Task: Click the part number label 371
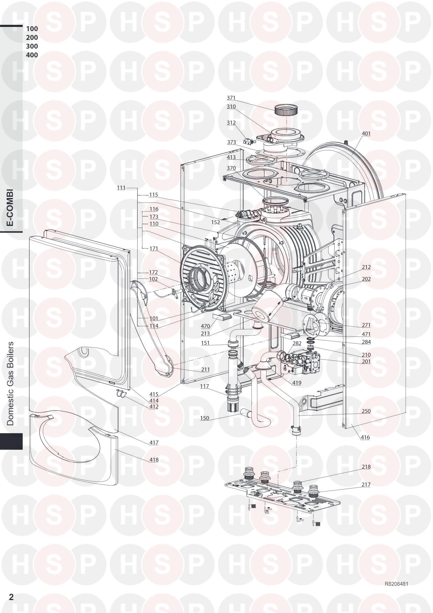(x=231, y=98)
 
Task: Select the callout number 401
(x=366, y=134)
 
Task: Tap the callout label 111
(x=121, y=188)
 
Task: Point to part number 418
(x=154, y=460)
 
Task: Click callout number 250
(x=366, y=411)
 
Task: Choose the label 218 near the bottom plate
(x=366, y=467)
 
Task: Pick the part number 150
(x=205, y=418)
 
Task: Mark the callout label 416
(x=365, y=437)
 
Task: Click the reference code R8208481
(x=396, y=584)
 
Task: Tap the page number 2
(x=11, y=597)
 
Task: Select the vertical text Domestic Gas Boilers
(x=10, y=384)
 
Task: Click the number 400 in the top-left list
(x=32, y=55)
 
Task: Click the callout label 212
(x=366, y=267)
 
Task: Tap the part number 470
(x=205, y=326)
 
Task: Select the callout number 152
(x=215, y=222)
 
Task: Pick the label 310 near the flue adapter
(x=231, y=107)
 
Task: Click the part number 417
(x=154, y=443)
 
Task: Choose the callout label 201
(x=366, y=362)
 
